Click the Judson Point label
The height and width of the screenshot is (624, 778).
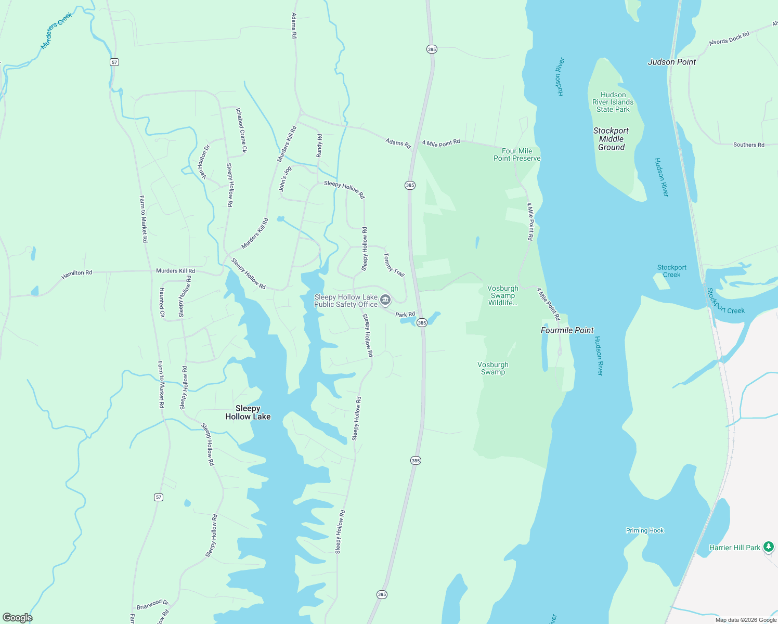click(671, 62)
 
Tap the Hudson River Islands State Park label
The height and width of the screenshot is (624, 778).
click(613, 102)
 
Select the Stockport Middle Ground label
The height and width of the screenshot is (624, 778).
click(611, 139)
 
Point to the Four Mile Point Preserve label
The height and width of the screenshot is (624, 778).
click(516, 154)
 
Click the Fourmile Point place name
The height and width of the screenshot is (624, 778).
click(567, 330)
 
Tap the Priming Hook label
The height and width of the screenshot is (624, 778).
click(644, 530)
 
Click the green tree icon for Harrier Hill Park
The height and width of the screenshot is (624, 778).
click(769, 547)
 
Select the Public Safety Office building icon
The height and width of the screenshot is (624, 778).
click(385, 300)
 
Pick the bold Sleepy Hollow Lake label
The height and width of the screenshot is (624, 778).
click(248, 412)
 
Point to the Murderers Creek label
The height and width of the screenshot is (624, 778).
click(56, 30)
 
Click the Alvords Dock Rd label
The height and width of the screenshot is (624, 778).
click(729, 38)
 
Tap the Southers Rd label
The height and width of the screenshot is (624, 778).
click(748, 145)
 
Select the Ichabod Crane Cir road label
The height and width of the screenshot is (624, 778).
click(241, 131)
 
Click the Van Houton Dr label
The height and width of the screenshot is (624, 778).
click(203, 162)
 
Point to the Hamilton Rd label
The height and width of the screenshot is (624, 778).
click(76, 274)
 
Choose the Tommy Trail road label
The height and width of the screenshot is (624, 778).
click(394, 265)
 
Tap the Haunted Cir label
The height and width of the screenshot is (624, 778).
click(162, 302)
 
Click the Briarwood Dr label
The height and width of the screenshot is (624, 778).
click(152, 604)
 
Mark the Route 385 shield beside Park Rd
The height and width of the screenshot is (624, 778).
click(422, 323)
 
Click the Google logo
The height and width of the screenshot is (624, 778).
click(17, 618)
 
